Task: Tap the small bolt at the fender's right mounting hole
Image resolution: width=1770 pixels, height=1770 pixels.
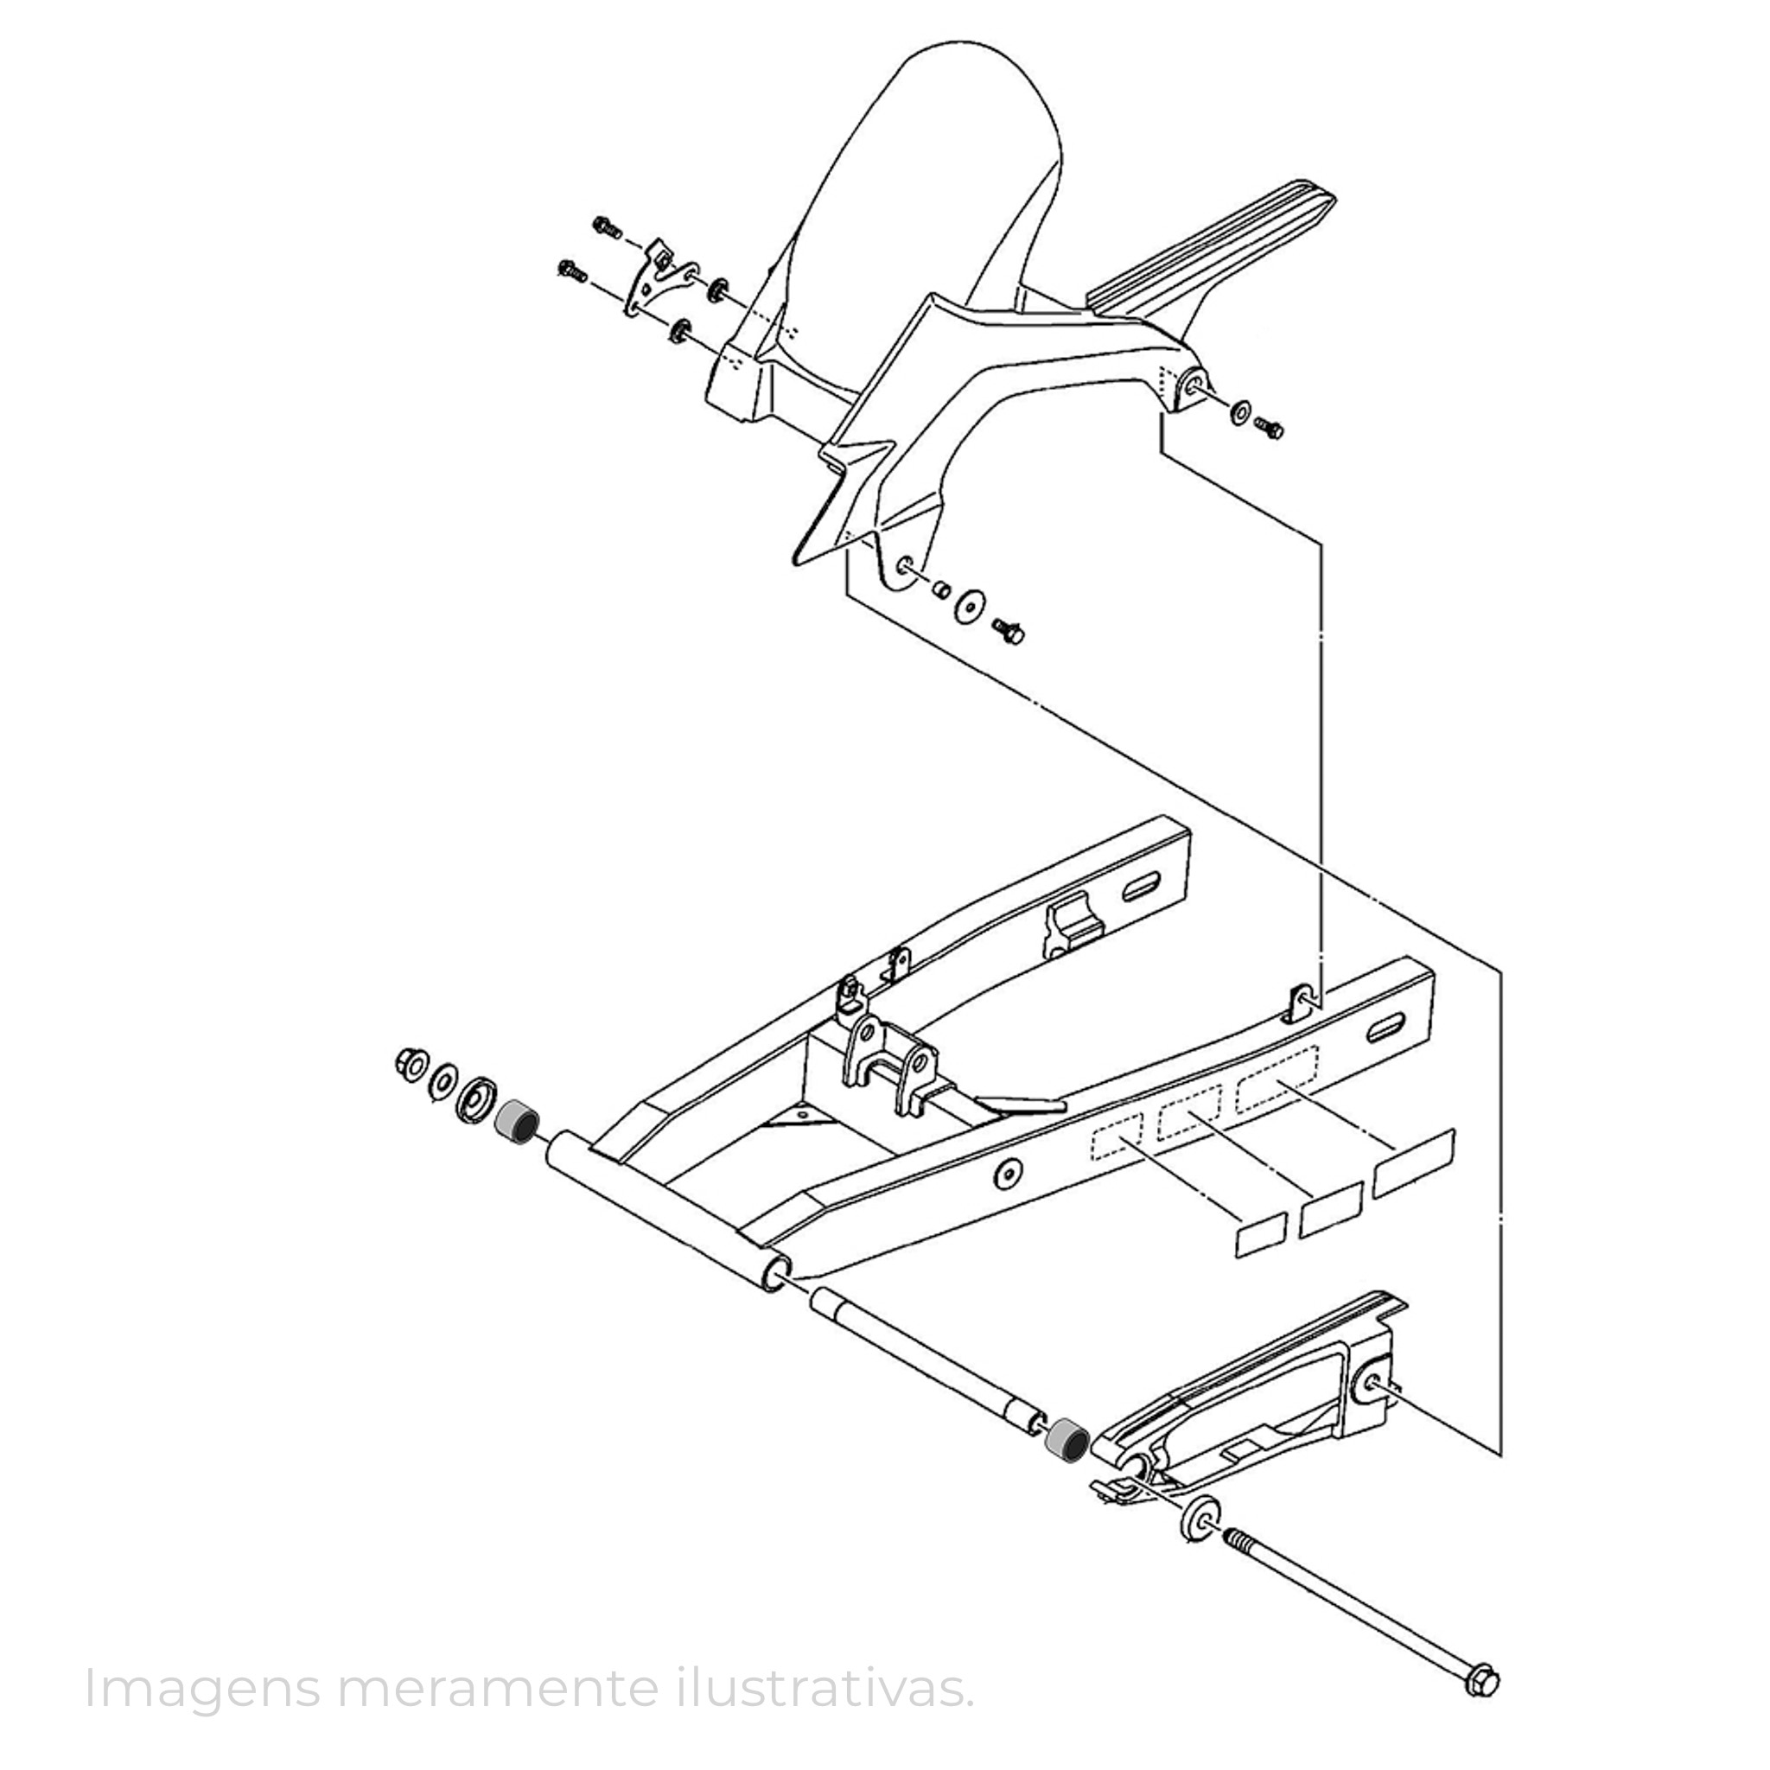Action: coord(1269,427)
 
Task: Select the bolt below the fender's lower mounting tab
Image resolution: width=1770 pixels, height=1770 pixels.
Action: coord(1009,630)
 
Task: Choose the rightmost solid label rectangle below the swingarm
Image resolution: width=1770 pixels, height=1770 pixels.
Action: coord(1415,1162)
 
